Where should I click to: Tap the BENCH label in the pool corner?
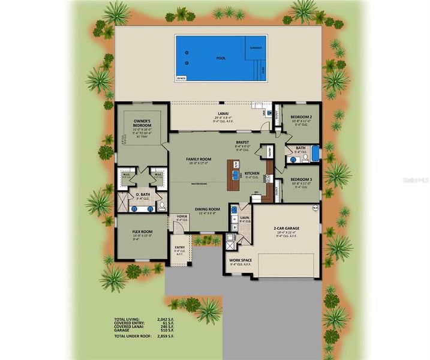coord(181,78)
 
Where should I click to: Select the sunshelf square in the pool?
coord(256,47)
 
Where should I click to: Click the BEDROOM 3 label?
coord(300,179)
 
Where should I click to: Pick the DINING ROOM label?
coord(208,209)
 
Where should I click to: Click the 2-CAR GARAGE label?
coord(287,228)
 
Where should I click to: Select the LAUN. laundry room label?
coord(245,219)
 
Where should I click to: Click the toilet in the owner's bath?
coord(161,206)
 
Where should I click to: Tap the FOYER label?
coord(181,217)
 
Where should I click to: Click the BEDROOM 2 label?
coord(300,117)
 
